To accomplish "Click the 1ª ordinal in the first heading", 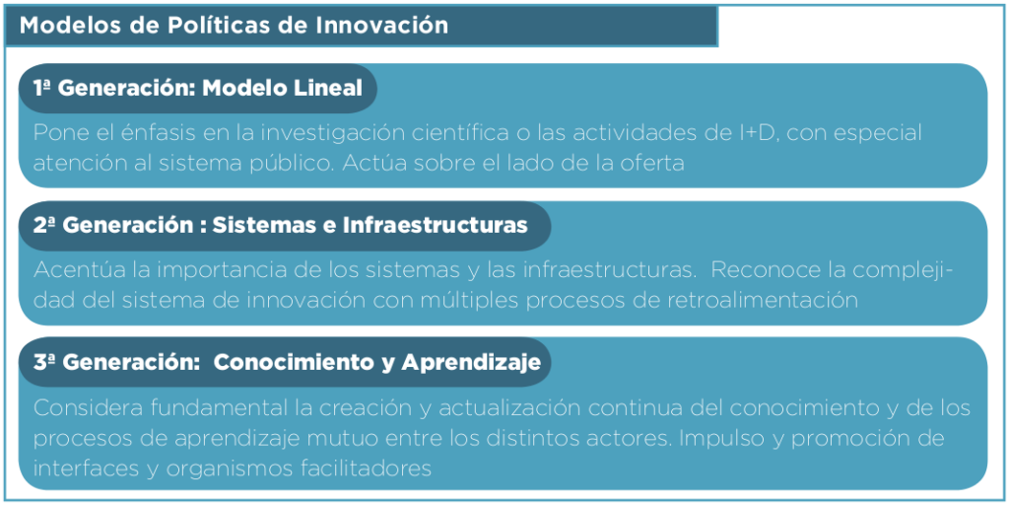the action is pos(42,88).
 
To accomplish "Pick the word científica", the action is pos(447,133).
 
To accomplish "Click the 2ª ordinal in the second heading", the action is pos(44,225).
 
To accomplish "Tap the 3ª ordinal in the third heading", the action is pos(44,363).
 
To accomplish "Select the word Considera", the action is pos(86,408).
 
